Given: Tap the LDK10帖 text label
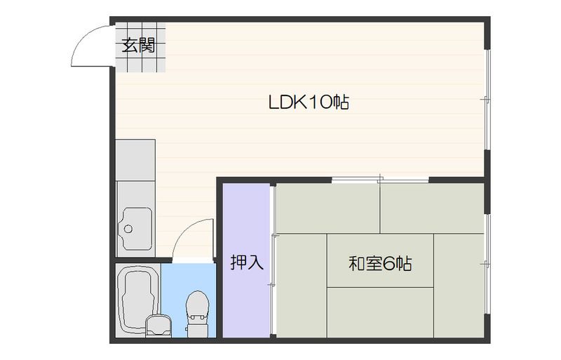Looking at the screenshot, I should [309, 102].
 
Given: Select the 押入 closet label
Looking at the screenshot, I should [247, 263].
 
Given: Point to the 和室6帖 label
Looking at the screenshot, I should [379, 264].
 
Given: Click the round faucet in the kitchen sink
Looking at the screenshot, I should [128, 228].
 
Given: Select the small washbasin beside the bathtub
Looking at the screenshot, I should [158, 326].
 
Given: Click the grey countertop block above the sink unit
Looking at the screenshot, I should [135, 160].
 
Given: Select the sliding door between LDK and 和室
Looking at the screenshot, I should [379, 180].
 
